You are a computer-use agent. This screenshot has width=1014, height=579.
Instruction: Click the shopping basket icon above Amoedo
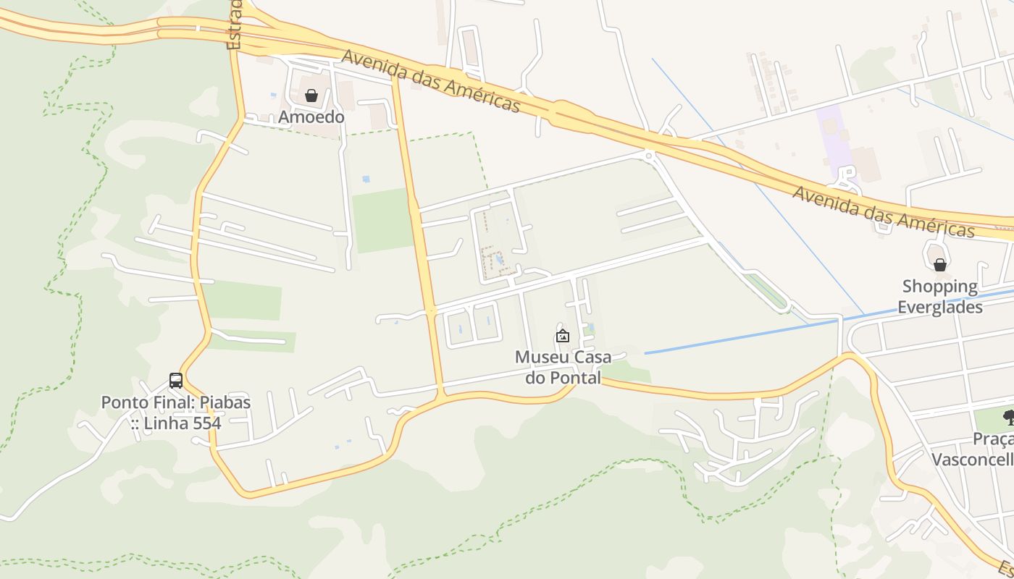[311, 96]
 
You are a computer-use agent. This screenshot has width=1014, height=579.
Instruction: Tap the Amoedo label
[311, 117]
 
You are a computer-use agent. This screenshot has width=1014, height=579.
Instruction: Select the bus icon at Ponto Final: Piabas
[175, 380]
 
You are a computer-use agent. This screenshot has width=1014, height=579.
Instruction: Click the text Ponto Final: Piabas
[175, 402]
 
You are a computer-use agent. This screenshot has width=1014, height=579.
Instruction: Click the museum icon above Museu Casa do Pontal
[562, 336]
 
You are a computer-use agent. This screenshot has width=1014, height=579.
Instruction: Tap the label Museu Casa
[563, 357]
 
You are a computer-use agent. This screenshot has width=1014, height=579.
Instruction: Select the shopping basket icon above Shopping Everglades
[939, 265]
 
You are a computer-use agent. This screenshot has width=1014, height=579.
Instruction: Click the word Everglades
[939, 307]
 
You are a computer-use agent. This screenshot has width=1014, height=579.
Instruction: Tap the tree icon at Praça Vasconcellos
[1008, 417]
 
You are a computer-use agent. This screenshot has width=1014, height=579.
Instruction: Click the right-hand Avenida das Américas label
[883, 212]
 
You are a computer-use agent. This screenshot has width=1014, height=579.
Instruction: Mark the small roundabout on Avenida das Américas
[649, 154]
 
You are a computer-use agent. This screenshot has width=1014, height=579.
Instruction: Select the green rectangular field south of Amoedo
[382, 220]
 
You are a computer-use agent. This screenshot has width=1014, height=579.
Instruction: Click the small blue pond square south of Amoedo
[366, 179]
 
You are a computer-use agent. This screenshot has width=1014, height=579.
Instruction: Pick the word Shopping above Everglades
[939, 287]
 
